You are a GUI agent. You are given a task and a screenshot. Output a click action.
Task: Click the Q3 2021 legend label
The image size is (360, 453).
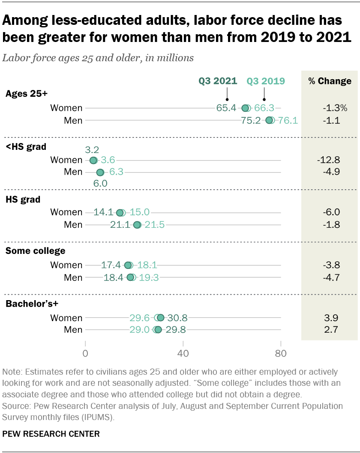pos(217,81)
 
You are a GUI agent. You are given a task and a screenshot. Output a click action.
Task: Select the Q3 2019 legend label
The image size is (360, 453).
pos(266,81)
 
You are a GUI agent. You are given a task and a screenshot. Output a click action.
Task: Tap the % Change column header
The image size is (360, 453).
pos(330,81)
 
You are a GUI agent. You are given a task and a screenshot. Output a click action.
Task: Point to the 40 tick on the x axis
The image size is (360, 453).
pos(183,354)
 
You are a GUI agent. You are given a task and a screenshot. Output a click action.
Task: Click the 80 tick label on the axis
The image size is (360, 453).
pos(281,354)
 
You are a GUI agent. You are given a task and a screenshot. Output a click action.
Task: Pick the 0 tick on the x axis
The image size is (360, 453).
pos(86,354)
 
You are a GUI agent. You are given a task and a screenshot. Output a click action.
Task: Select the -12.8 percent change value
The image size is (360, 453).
pos(328,160)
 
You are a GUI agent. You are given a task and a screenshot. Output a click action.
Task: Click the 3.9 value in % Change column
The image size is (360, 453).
pos(331,318)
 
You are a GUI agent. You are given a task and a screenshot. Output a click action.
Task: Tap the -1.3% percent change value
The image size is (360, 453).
pos(332,108)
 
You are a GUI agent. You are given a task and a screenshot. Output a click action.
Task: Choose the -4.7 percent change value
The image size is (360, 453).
pos(331,277)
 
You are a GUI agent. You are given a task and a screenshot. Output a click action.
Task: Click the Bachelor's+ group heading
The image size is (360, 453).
pos(31,304)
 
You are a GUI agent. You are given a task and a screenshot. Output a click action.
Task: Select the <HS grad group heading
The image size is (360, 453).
pos(26,146)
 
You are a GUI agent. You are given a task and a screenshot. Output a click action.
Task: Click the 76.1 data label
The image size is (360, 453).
pos(288,120)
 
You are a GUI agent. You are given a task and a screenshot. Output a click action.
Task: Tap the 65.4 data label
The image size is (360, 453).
pos(226,108)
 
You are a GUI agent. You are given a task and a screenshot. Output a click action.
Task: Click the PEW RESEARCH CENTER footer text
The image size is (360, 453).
pos(51,434)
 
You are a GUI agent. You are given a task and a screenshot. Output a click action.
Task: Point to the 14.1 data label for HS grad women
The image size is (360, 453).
pos(103,212)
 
